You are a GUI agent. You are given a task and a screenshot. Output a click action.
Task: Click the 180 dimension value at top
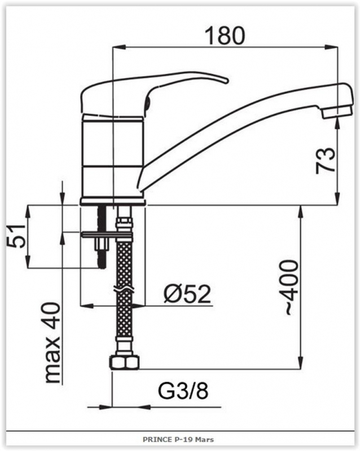225,36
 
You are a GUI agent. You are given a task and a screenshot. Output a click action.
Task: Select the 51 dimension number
16,236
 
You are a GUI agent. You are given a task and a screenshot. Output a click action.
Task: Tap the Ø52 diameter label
187,294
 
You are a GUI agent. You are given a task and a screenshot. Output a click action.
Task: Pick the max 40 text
52,343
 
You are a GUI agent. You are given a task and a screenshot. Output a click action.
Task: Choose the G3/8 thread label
183,390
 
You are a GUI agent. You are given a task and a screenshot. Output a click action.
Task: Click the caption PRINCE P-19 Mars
178,440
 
